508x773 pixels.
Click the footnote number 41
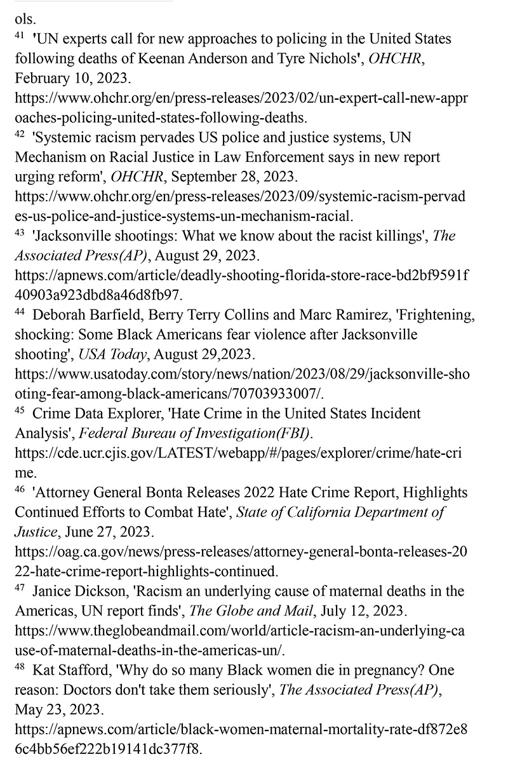click(x=19, y=36)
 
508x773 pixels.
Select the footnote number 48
click(x=19, y=667)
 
